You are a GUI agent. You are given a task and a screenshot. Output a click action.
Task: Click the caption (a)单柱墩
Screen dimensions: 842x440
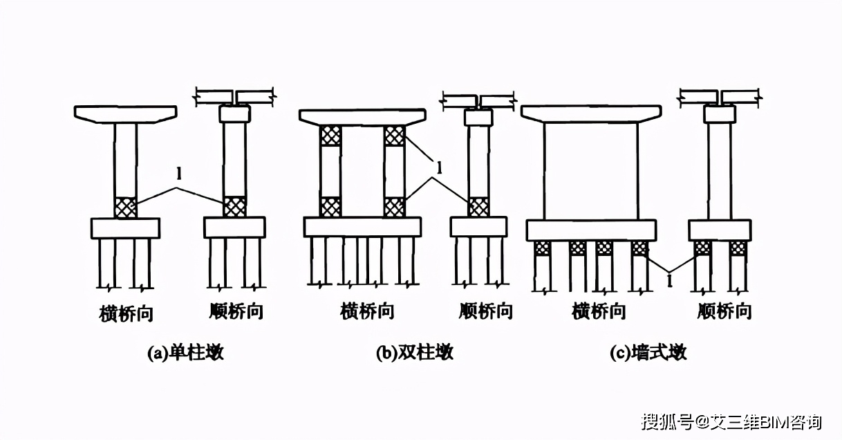pos(186,353)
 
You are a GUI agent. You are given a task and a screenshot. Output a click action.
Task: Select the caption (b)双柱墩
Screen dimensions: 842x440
pos(415,353)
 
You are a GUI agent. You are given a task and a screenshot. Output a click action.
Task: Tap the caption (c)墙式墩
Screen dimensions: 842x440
pos(648,353)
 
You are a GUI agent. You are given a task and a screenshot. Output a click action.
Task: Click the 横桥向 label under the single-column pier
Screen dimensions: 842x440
pos(127,314)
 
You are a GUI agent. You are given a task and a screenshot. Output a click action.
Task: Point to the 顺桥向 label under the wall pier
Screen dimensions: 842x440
pos(724,311)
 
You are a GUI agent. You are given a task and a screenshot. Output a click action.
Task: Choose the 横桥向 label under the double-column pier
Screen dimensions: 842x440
pos(367,311)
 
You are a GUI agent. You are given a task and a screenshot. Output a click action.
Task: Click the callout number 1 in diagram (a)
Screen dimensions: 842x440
pos(179,173)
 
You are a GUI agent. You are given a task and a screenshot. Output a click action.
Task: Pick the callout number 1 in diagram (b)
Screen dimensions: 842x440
pos(439,167)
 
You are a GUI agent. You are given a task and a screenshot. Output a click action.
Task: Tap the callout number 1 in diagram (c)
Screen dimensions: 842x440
pos(669,281)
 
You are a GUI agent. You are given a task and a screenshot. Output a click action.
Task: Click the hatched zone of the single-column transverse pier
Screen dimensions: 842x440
pos(126,208)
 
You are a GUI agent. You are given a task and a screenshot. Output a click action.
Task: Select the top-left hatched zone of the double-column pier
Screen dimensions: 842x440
pos(330,136)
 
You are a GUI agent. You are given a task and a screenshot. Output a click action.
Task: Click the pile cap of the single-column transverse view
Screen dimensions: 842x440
pos(126,228)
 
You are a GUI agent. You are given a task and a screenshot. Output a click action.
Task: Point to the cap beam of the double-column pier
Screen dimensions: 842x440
pos(362,118)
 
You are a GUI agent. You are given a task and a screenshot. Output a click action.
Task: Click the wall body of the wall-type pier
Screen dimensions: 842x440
pos(591,171)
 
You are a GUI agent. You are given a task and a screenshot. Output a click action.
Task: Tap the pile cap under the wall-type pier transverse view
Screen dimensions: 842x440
pos(591,230)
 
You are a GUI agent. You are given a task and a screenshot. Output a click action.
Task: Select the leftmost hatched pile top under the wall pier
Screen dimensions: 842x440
pos(543,248)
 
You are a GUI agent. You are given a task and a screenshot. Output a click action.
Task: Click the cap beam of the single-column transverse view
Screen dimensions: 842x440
pos(126,114)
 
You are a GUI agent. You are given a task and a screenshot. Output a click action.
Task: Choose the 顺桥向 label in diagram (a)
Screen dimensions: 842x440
pos(236,311)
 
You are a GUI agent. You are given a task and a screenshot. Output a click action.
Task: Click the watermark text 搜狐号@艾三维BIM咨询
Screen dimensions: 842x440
pos(731,422)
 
